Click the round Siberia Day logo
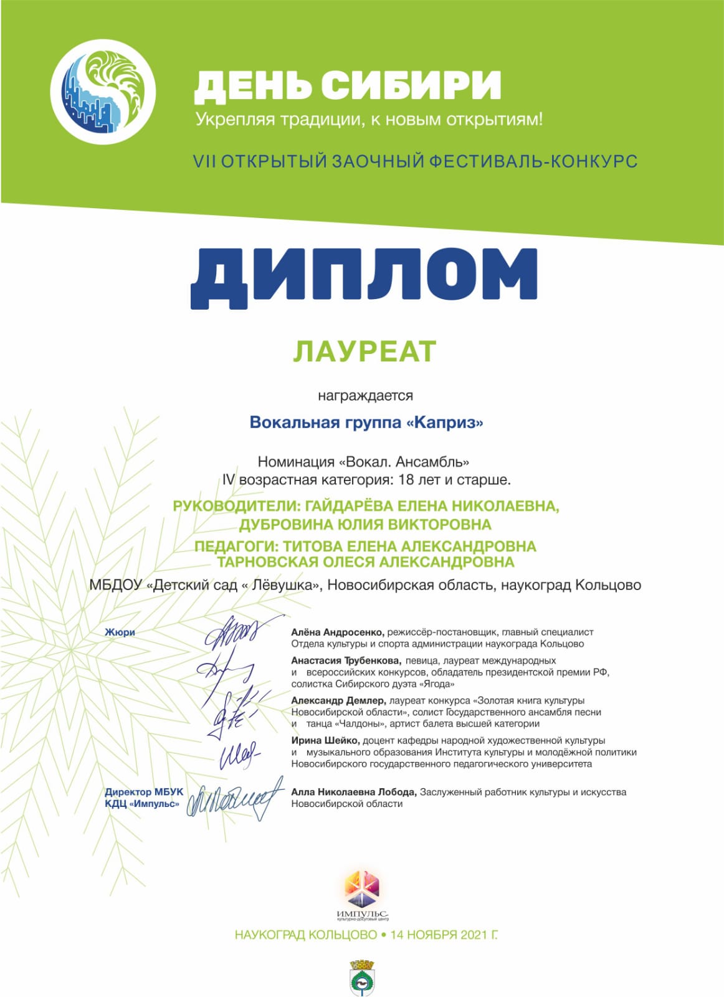(102, 91)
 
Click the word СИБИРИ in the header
(412, 85)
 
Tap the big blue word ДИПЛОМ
(363, 278)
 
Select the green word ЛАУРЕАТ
(364, 351)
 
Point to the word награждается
(365, 396)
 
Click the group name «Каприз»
(444, 422)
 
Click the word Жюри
(120, 632)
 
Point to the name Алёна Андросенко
(338, 632)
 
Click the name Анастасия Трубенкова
(345, 661)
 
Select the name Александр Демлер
(338, 700)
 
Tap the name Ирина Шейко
(325, 740)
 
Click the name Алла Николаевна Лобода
(353, 792)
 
